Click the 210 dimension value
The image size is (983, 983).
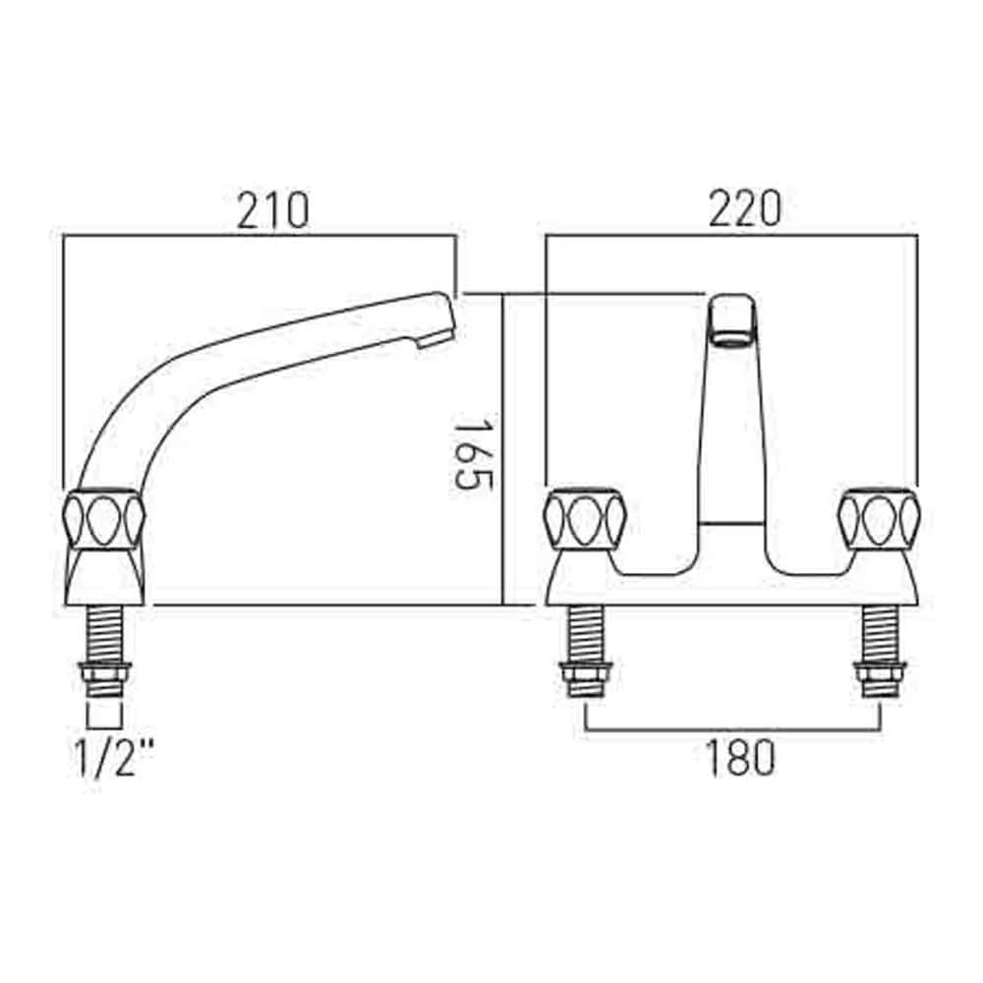272,210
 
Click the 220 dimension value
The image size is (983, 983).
744,210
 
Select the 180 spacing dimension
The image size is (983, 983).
741,757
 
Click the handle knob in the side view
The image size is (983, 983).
104,519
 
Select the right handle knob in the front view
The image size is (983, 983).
878,519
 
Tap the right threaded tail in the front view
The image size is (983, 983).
878,634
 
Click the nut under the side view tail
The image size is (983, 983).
104,677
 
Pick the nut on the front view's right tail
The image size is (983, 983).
878,677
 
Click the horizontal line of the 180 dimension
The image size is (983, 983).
731,730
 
